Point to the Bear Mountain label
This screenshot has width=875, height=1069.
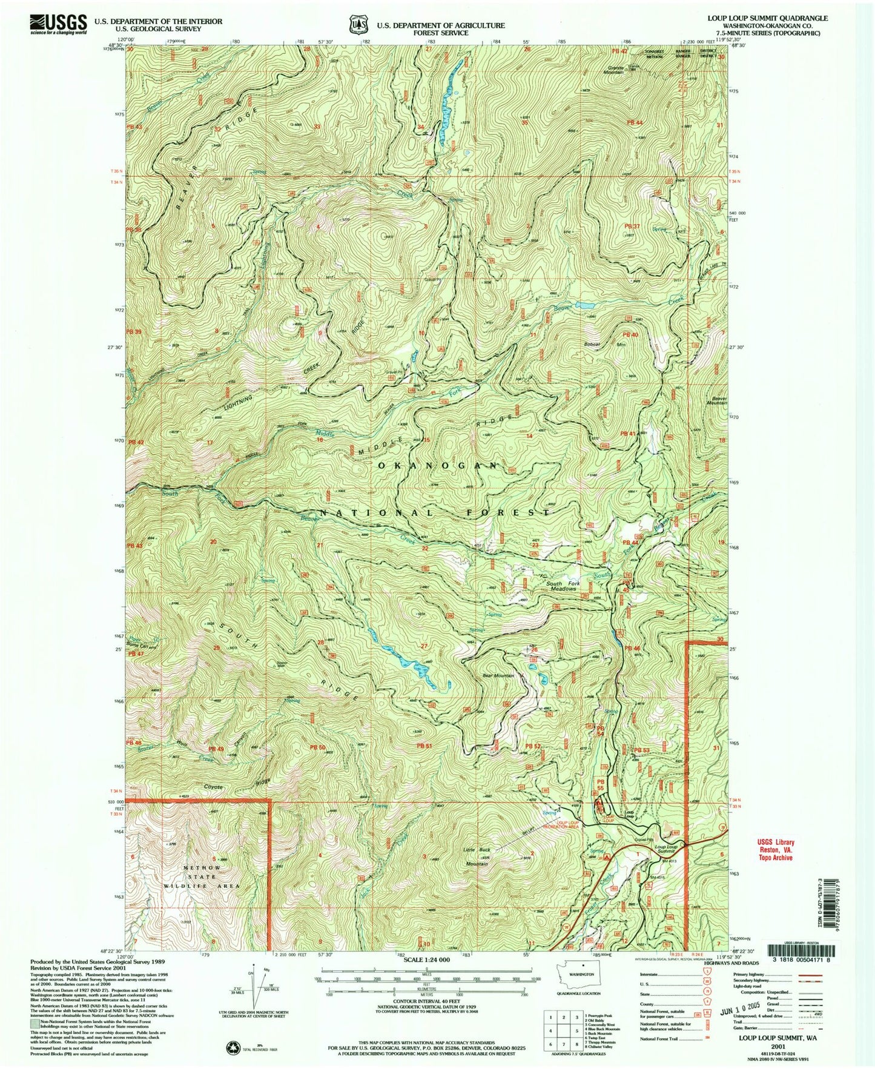[498, 675]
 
